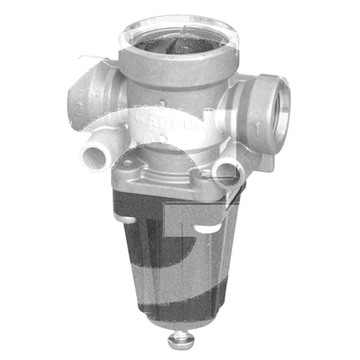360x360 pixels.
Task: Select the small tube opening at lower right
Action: click(225, 169)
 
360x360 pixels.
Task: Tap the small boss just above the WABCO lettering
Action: click(167, 105)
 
